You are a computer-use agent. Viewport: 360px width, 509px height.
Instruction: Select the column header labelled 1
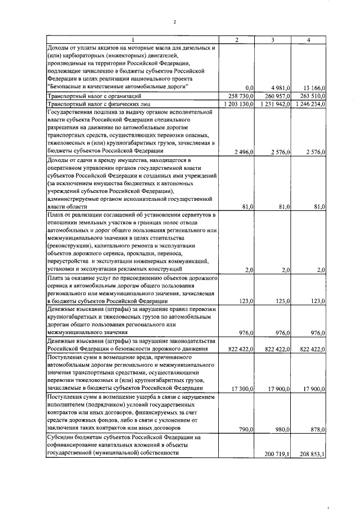(133, 39)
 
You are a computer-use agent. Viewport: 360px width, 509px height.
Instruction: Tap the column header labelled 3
(273, 39)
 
